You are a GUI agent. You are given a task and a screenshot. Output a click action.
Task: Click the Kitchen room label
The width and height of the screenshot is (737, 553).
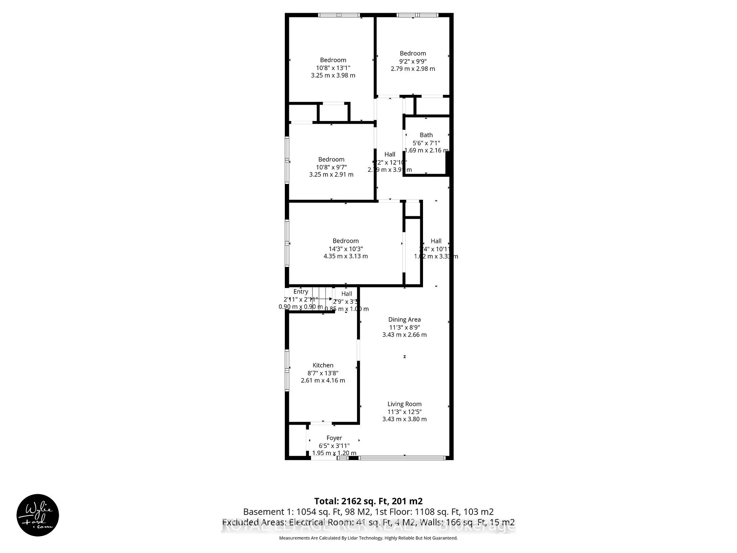(323, 365)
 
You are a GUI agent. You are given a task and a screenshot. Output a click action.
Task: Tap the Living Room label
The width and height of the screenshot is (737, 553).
(404, 404)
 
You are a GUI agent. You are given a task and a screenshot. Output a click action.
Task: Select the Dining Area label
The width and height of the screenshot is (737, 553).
(404, 320)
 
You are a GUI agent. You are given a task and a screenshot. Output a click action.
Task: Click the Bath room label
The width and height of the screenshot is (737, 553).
(426, 135)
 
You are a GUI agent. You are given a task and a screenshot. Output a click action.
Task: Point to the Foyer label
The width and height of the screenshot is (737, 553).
(334, 438)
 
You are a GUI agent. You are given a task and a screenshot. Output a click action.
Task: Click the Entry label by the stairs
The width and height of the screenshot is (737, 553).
(301, 292)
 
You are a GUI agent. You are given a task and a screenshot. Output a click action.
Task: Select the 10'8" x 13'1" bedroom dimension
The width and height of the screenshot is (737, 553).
(333, 68)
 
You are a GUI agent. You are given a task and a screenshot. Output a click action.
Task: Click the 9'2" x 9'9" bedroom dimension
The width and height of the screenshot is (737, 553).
(413, 61)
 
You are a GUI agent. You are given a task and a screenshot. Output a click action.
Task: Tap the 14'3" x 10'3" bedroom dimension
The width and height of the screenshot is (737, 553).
(345, 249)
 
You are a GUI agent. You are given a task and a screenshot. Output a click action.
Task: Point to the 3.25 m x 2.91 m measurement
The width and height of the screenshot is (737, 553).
(331, 174)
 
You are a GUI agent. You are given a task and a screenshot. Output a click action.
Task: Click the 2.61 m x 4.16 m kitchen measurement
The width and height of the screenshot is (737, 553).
(323, 381)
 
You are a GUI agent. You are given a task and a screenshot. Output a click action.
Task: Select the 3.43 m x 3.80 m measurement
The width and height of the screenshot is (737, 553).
(404, 419)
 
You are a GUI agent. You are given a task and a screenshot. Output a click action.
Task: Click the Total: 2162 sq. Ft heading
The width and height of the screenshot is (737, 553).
(368, 501)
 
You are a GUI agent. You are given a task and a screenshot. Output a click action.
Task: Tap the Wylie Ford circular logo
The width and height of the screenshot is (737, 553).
(38, 515)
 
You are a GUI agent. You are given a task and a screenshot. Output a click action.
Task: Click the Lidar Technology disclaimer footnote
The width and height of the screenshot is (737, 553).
(368, 538)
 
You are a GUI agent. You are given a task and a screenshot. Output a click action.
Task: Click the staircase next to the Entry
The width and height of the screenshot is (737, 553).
(322, 299)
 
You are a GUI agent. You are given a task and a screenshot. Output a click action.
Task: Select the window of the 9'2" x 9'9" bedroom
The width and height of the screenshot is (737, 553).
(417, 15)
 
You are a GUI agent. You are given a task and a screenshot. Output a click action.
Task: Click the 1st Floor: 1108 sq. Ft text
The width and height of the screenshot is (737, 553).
(434, 512)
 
